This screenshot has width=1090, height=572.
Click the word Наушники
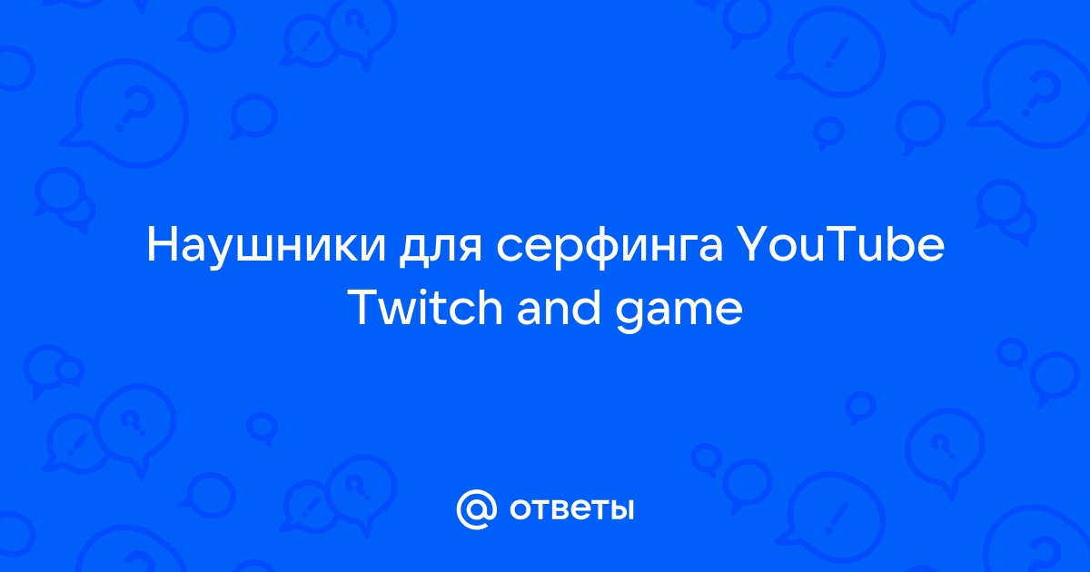click(x=266, y=247)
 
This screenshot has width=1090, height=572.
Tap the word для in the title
click(x=441, y=251)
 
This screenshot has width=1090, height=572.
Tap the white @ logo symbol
click(x=477, y=509)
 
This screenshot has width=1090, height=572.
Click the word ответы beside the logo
click(x=571, y=510)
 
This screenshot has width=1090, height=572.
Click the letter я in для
click(x=471, y=251)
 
